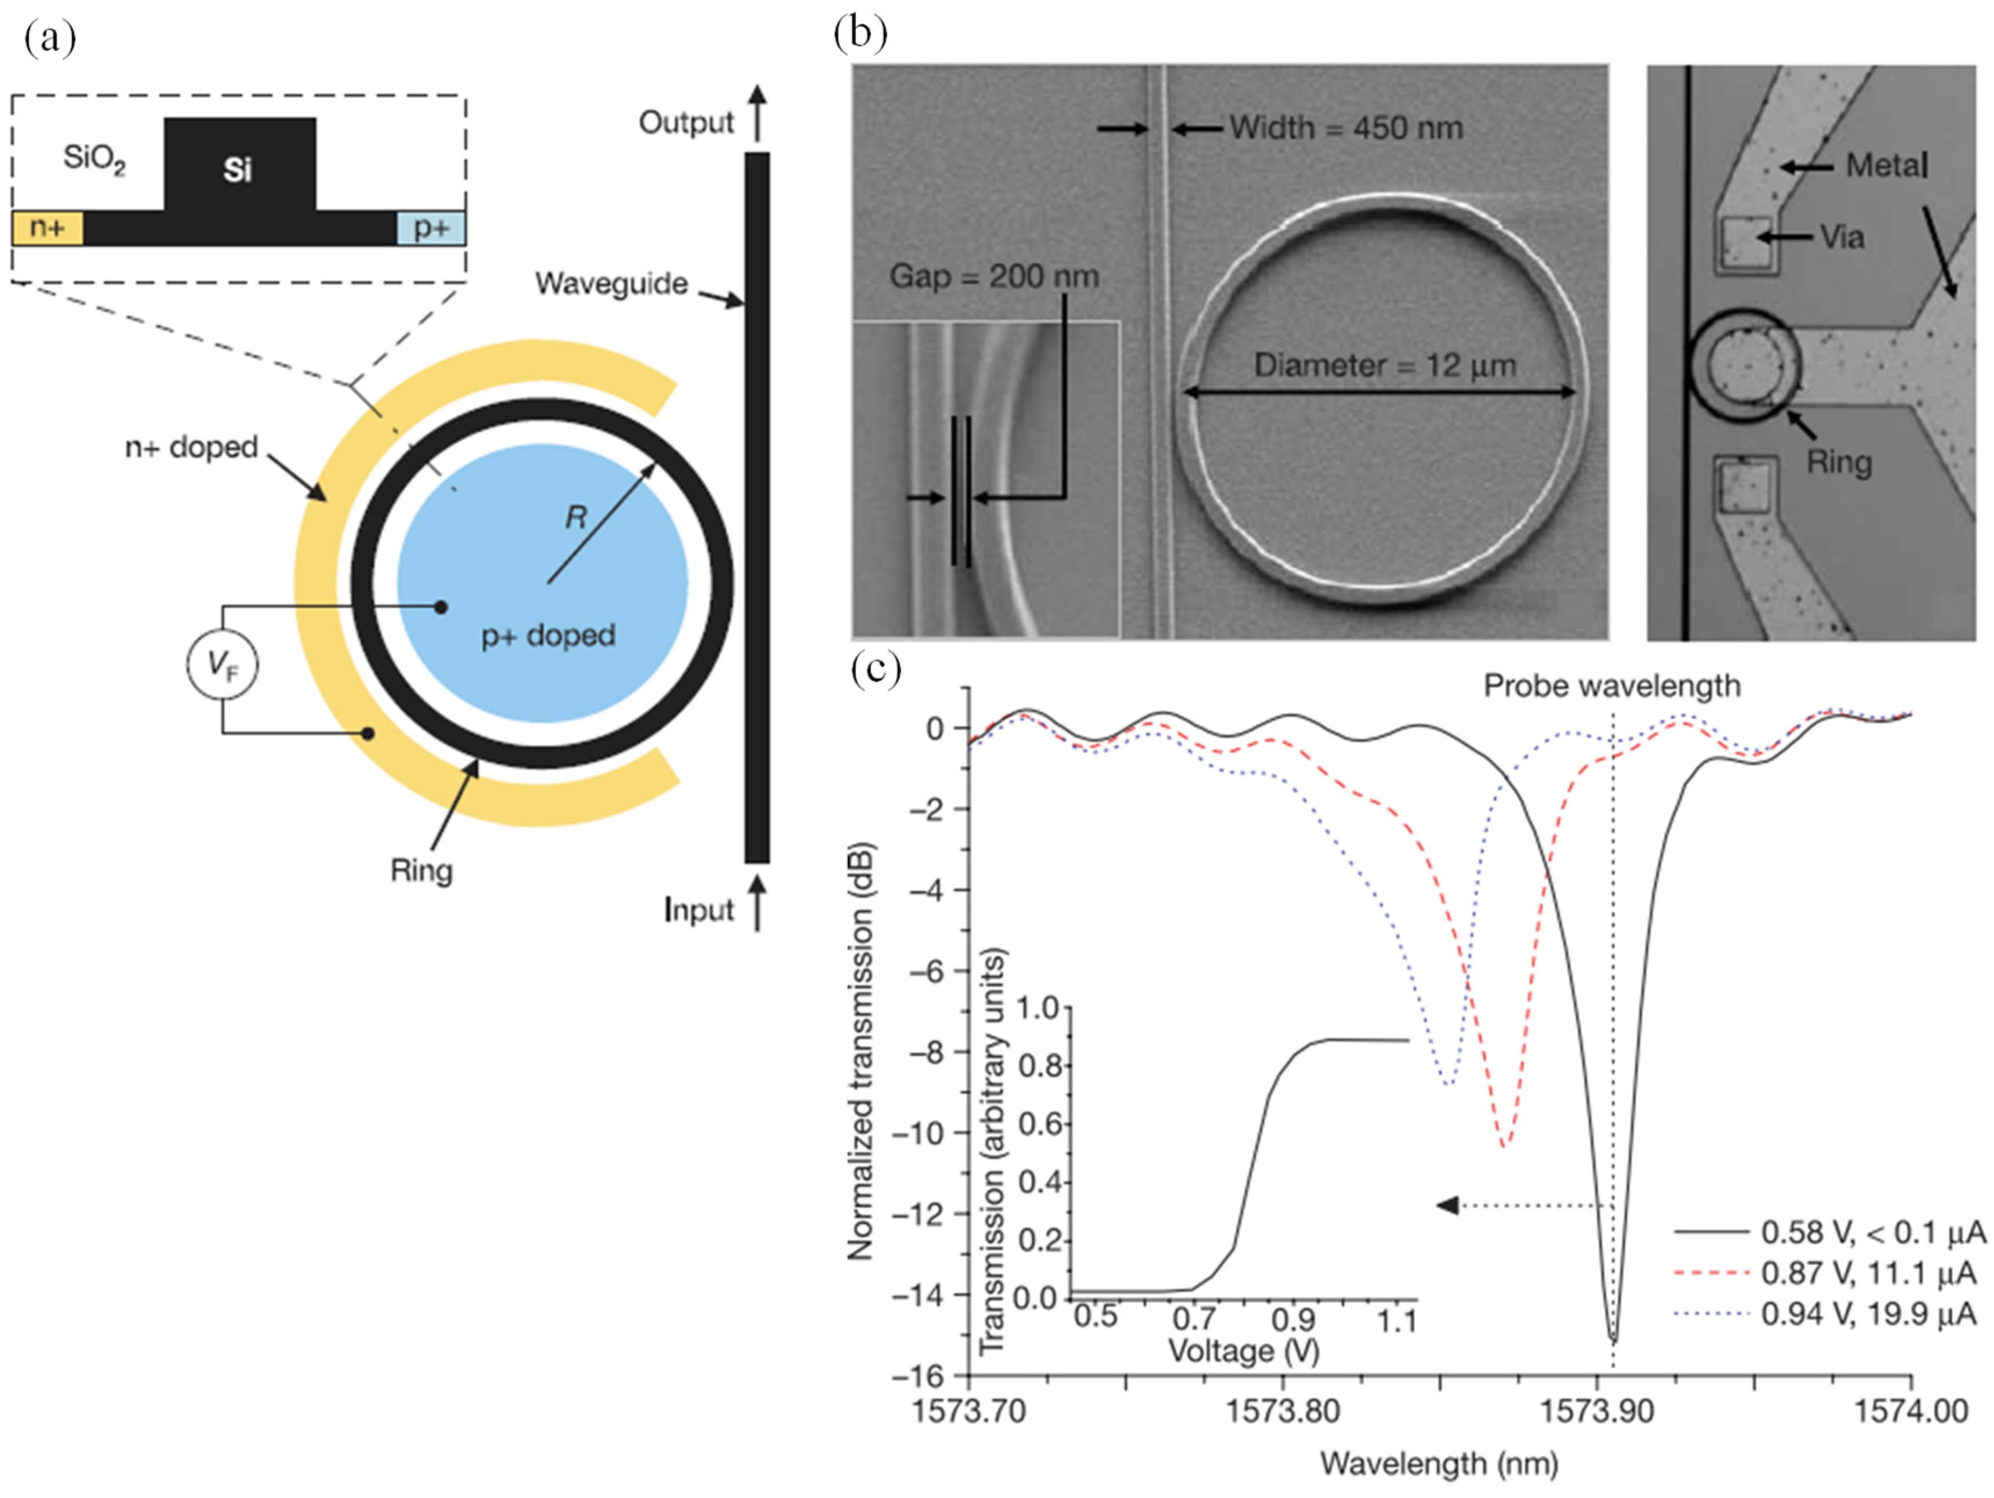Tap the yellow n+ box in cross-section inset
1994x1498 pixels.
[x=47, y=228]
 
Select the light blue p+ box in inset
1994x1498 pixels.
[x=431, y=228]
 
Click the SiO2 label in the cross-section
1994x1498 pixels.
[x=94, y=159]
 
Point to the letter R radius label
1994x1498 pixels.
[x=575, y=518]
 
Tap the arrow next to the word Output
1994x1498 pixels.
[x=757, y=113]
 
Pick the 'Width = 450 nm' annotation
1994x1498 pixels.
[x=1346, y=128]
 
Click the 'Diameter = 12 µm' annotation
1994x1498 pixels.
[x=1385, y=366]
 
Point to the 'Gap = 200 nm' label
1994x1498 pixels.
[x=994, y=277]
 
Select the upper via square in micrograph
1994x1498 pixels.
[x=1745, y=244]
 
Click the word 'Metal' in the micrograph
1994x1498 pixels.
[x=1886, y=166]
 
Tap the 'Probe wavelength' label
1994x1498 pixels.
[x=1612, y=686]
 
